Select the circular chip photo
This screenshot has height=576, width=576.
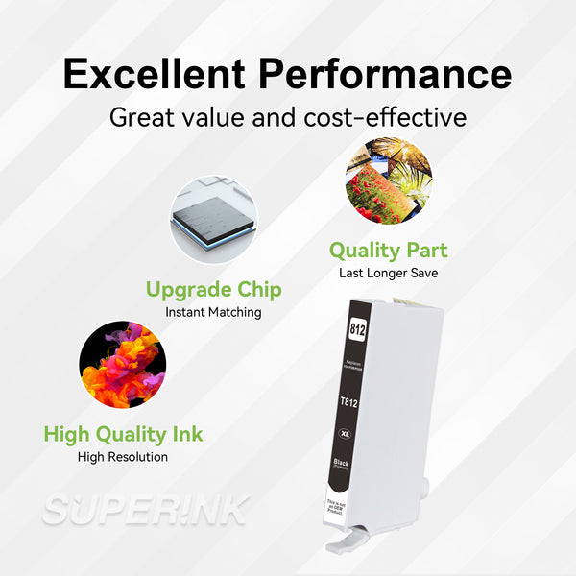point(213,219)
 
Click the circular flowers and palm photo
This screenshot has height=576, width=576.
point(389,180)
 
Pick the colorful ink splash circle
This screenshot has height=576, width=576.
point(122,365)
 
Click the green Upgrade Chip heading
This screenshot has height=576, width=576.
point(213,289)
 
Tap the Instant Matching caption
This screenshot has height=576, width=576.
point(213,312)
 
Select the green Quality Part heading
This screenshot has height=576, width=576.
point(388,251)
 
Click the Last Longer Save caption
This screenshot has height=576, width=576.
point(388,273)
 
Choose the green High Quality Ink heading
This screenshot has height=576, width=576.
point(123,435)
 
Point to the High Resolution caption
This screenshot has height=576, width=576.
point(123,457)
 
